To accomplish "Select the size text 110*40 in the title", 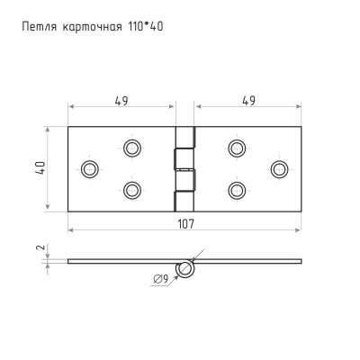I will (147, 26).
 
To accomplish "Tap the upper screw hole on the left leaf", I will (132, 147).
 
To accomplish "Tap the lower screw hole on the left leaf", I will (132, 189).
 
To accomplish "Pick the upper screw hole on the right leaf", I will (237, 147).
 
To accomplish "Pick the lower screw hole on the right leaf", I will (237, 189).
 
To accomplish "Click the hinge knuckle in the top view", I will (184, 167).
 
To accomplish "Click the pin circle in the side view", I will (185, 267).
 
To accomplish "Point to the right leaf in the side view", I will (247, 262).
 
